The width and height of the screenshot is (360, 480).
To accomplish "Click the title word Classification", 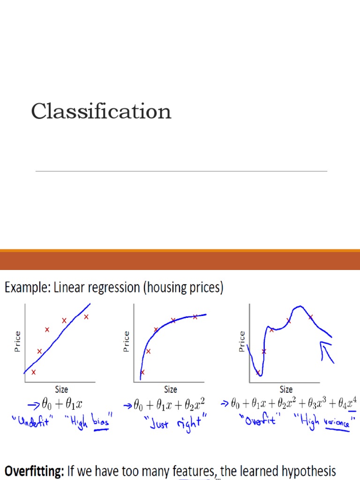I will point(101,112).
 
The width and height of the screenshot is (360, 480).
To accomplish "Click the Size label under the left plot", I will point(61,389).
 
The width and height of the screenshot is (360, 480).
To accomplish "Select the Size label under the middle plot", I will point(171,389).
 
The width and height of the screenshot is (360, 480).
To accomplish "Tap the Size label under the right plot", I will point(286,389).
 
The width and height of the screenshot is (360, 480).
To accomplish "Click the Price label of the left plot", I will point(17,341).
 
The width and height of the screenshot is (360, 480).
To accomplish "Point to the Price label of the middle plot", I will point(126,341).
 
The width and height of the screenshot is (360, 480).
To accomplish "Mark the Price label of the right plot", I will point(242,341).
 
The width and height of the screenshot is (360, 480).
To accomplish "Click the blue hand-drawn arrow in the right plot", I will point(327,352).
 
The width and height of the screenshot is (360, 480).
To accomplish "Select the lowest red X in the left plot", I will point(33,372).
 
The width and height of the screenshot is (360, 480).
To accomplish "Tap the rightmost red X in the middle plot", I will point(195,317).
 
